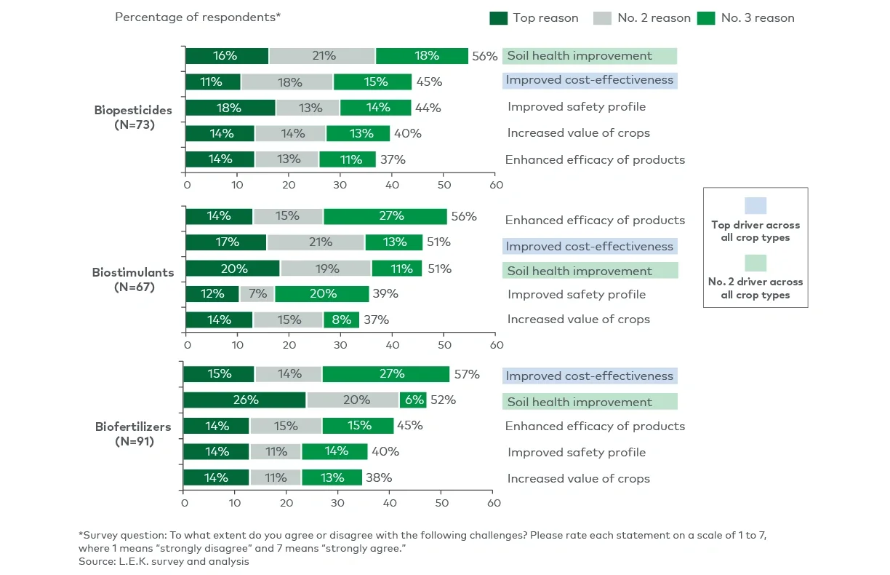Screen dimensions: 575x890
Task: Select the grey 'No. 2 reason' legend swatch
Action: [603, 17]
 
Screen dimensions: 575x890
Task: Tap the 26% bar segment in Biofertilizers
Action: [244, 400]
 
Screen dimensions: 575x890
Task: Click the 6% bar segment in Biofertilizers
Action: [413, 400]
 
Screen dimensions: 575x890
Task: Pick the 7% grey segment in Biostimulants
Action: [257, 294]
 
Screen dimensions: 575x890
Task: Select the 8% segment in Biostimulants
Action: [341, 320]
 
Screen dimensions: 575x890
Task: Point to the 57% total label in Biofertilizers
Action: [466, 374]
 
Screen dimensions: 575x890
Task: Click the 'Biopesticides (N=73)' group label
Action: [133, 117]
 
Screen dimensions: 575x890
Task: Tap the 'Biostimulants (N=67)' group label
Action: [133, 279]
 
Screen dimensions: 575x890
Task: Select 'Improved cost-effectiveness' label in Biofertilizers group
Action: [589, 376]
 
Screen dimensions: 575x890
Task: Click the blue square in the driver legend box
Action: [755, 206]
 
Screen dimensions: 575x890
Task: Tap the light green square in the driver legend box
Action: [755, 263]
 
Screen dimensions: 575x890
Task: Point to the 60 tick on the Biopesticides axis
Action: [494, 185]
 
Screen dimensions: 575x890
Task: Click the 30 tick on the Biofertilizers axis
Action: [339, 503]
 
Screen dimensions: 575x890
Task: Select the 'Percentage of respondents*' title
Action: [198, 17]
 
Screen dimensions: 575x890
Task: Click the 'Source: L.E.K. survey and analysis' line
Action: [164, 561]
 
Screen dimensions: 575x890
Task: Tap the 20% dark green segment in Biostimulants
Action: [233, 268]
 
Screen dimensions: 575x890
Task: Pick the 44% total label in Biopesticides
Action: [428, 108]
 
